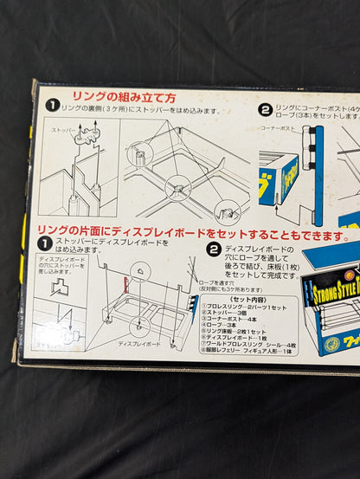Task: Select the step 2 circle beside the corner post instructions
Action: click(x=265, y=110)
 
